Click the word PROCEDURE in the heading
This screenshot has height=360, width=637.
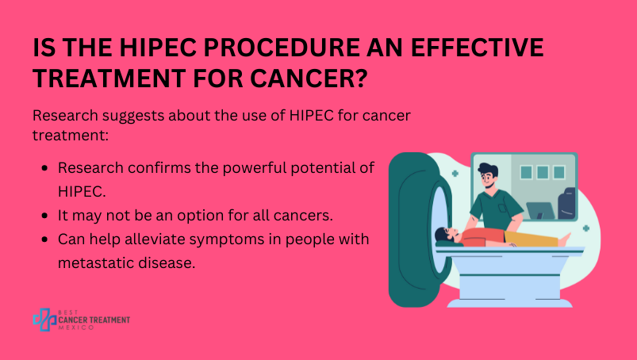pyautogui.click(x=282, y=48)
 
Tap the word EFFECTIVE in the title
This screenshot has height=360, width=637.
pyautogui.click(x=478, y=48)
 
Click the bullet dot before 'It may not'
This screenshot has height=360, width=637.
pyautogui.click(x=44, y=216)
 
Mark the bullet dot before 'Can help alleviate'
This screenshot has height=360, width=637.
pyautogui.click(x=44, y=239)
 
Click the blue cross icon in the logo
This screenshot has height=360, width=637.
pyautogui.click(x=44, y=320)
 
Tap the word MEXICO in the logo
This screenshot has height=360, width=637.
pyautogui.click(x=76, y=327)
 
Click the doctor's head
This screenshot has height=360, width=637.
pyautogui.click(x=488, y=175)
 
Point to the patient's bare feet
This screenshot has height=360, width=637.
pyautogui.click(x=565, y=239)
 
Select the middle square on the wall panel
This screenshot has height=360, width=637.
pyautogui.click(x=543, y=172)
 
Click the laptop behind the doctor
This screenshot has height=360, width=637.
pyautogui.click(x=540, y=211)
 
